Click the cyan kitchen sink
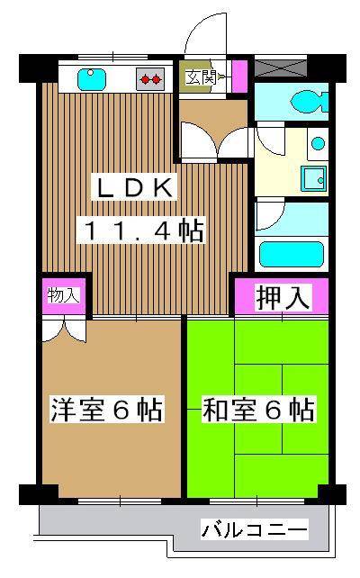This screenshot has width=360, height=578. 92,78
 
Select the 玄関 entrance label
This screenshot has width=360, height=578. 199,77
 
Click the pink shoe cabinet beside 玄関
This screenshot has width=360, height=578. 238,75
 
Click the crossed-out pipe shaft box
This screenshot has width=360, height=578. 280,68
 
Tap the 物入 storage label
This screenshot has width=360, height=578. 62,295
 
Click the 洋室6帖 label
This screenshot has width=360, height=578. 106,411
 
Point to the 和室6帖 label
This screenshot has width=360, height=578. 257,411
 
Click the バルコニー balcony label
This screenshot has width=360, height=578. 254,528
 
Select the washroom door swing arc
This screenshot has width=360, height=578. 270,144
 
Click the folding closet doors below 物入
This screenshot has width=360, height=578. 63,328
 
